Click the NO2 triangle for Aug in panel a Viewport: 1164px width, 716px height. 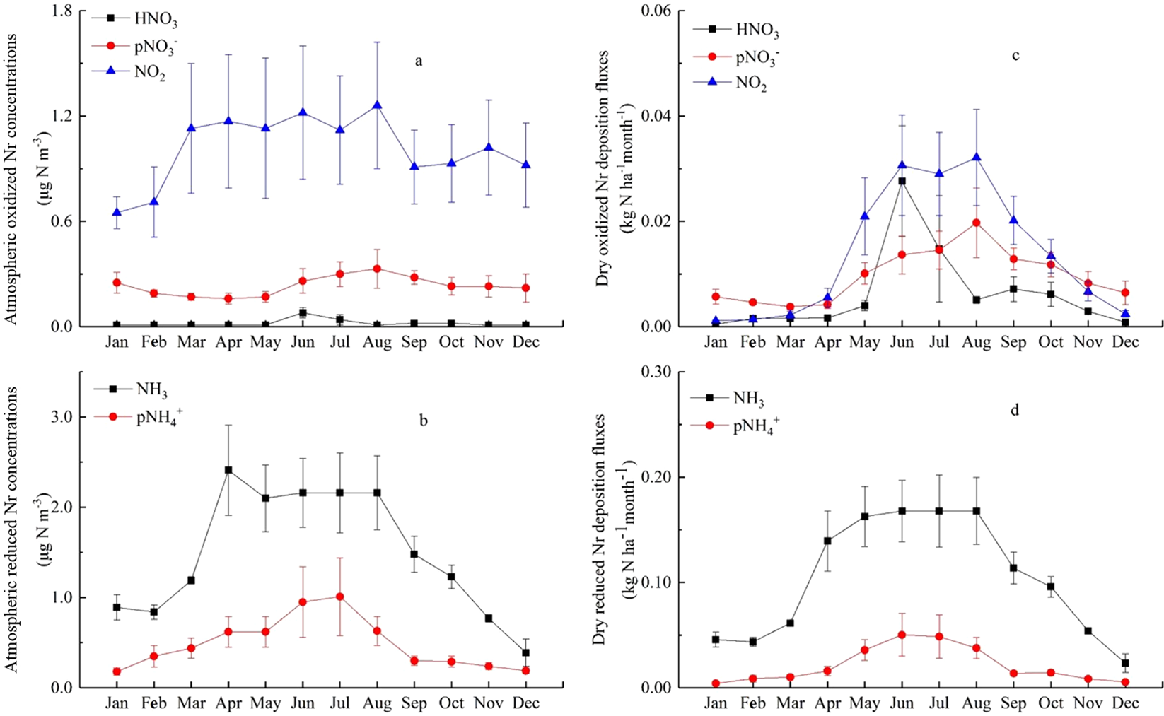point(377,105)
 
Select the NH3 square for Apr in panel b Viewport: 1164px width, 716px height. point(228,469)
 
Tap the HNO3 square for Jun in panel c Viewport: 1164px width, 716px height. point(902,181)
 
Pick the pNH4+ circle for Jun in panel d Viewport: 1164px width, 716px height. point(902,635)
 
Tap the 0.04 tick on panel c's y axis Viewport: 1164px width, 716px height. point(660,116)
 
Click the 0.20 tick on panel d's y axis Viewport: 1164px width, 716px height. point(660,477)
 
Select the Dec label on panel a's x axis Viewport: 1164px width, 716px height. point(525,343)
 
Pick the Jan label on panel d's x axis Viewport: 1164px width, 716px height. point(716,703)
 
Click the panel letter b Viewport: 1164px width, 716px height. point(423,421)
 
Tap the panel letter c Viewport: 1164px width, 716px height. point(1015,56)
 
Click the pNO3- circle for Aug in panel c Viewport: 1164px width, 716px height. point(977,223)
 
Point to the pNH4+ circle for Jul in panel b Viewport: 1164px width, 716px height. point(340,597)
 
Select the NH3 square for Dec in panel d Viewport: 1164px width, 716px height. point(1125,663)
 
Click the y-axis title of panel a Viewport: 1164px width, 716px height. point(13,170)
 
